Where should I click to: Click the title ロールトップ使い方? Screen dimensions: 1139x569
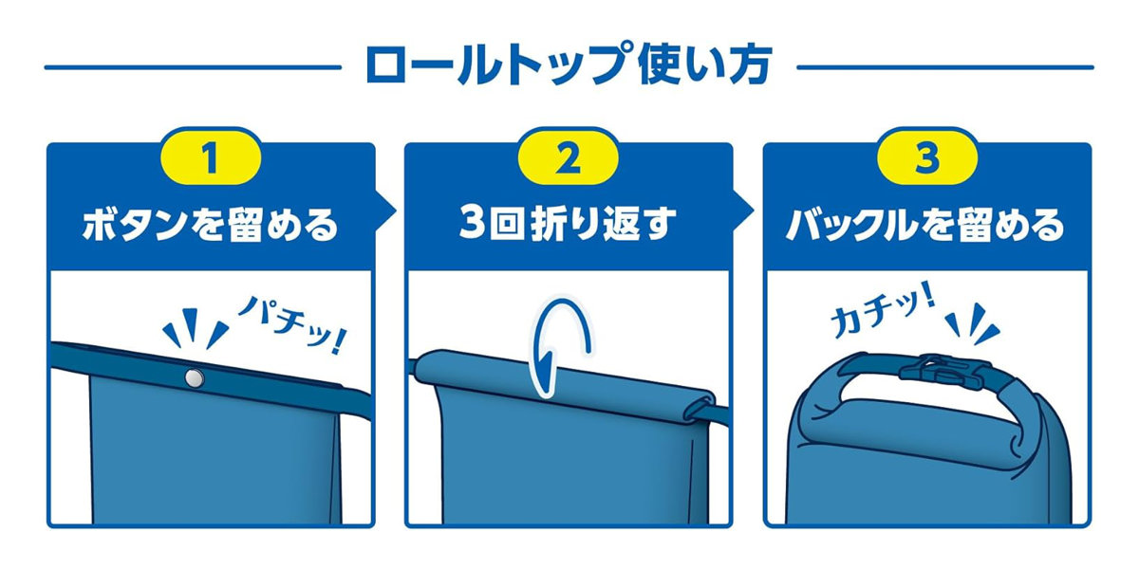(x=569, y=66)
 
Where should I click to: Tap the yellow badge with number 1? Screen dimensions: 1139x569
(x=211, y=157)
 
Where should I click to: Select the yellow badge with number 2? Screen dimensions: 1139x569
(x=568, y=157)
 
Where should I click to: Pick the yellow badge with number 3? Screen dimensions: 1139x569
(x=927, y=157)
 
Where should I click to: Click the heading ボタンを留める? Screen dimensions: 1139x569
(x=211, y=225)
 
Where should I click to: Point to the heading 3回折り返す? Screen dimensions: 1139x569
(x=568, y=224)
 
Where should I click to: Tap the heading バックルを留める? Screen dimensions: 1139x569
(x=925, y=225)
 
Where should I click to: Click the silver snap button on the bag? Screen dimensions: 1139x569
(x=194, y=378)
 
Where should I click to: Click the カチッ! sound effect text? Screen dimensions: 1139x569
(x=883, y=311)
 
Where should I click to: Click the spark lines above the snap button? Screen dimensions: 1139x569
(x=196, y=329)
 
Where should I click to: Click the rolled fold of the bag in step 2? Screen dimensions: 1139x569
(x=565, y=387)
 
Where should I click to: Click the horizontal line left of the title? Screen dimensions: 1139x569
(x=193, y=67)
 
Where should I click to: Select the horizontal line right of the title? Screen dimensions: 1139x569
(x=945, y=67)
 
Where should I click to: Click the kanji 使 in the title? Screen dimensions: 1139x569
(x=660, y=65)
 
